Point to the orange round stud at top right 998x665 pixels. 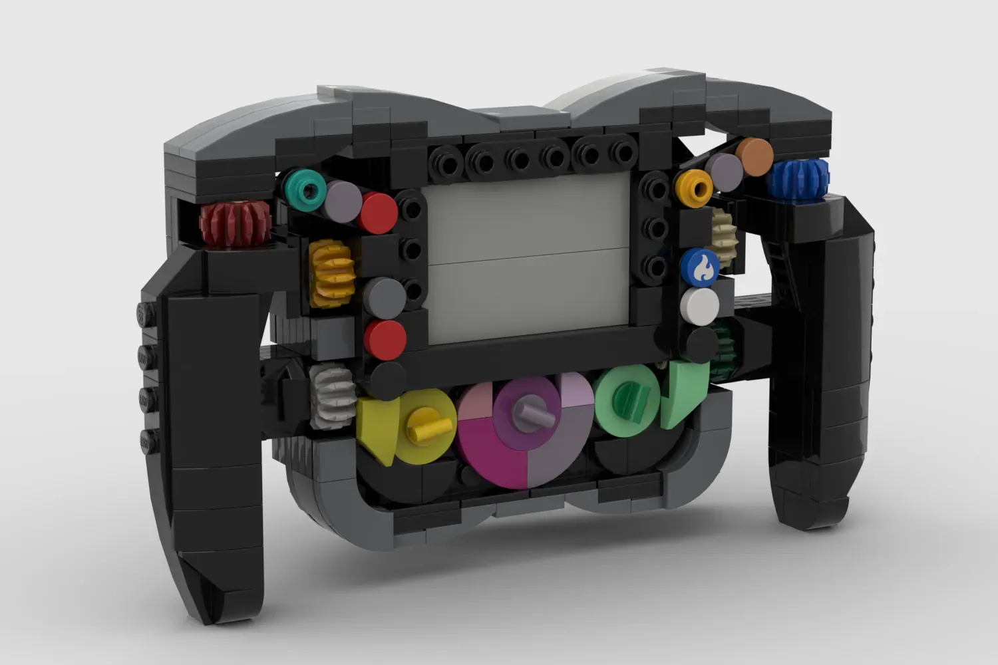pyautogui.click(x=754, y=156)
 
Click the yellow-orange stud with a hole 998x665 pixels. pyautogui.click(x=693, y=188)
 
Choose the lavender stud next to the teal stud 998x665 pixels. pyautogui.click(x=342, y=198)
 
